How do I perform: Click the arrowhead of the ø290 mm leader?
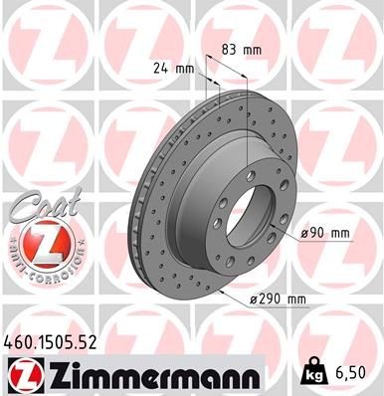tap(225, 296)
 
